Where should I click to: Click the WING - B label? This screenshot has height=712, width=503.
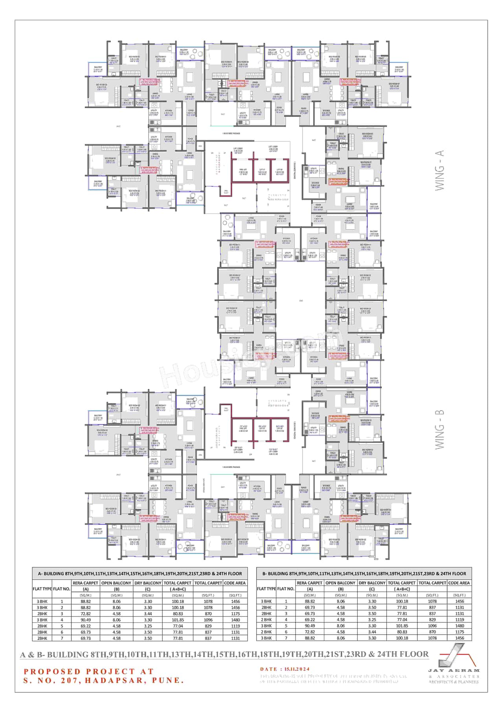point(439,429)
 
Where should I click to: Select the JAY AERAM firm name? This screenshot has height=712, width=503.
point(454,670)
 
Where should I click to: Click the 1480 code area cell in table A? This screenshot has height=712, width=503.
point(235,620)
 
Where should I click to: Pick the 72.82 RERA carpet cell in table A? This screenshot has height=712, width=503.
point(86,613)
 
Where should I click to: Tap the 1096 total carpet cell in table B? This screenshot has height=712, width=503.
point(432,626)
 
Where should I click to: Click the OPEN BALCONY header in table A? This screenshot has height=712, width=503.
point(116,583)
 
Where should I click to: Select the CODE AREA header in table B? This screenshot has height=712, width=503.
point(459,583)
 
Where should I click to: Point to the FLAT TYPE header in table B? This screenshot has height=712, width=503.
point(266,589)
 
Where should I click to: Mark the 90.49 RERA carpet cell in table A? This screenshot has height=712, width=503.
point(86,620)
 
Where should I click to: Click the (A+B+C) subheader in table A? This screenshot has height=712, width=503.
point(178,589)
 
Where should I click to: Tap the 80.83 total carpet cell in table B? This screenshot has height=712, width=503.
point(402,632)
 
